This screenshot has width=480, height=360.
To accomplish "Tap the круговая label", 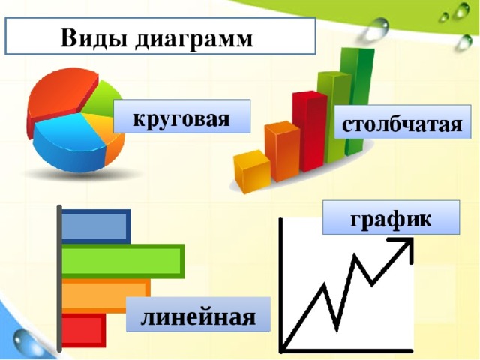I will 181,118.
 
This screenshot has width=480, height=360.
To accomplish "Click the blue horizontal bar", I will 94,226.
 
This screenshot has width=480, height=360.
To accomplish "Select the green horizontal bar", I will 120,261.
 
